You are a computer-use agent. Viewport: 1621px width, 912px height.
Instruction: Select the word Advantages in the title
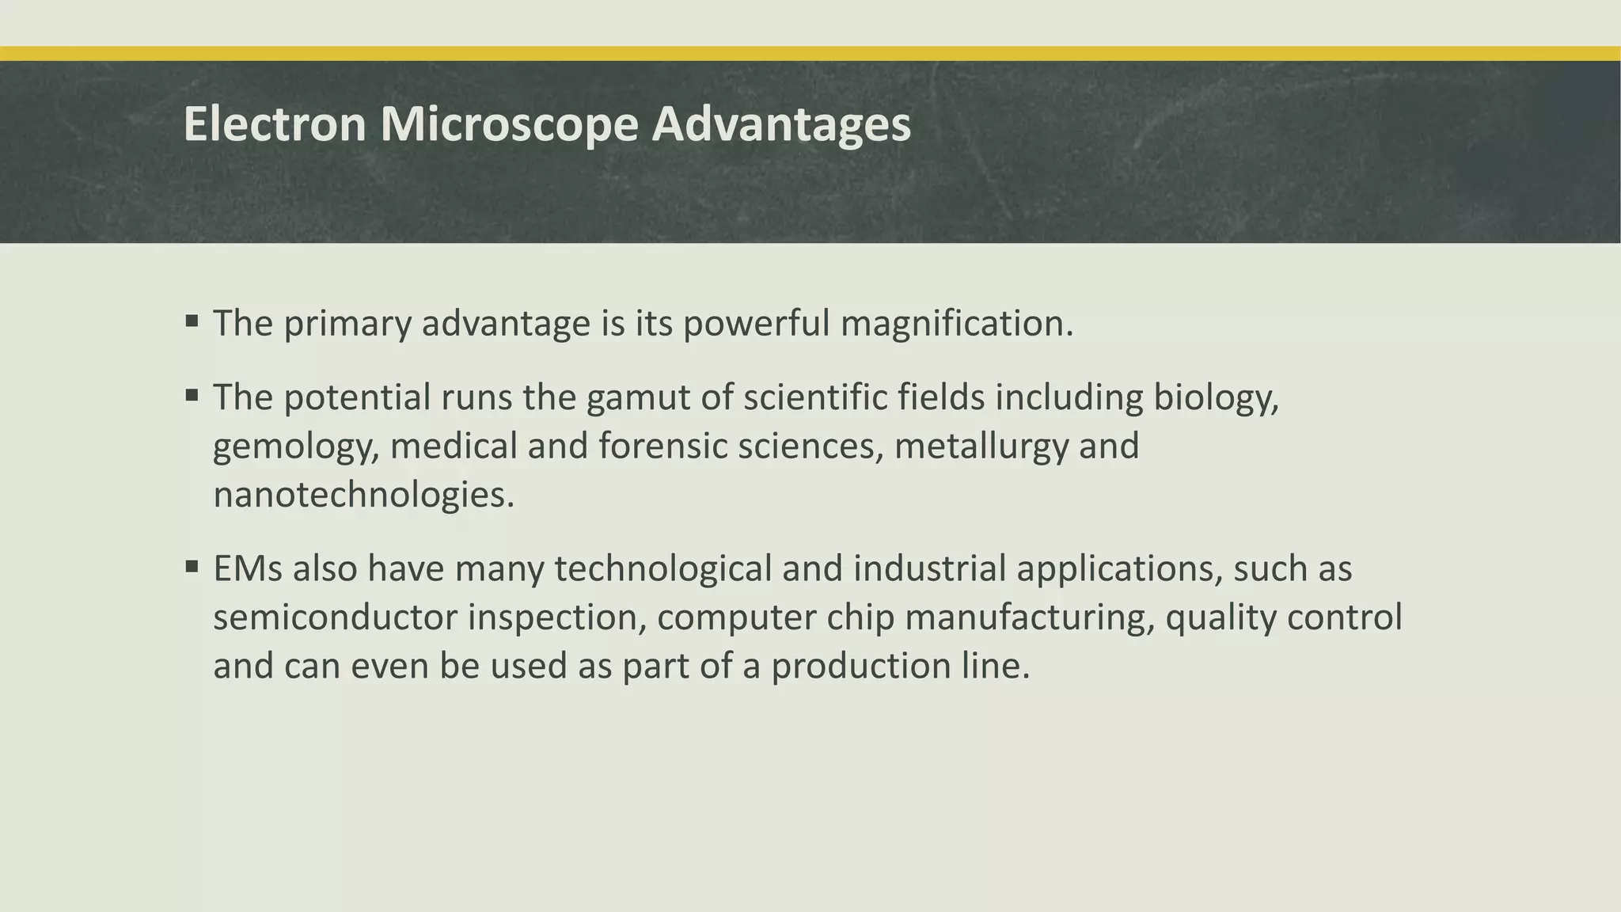click(x=781, y=124)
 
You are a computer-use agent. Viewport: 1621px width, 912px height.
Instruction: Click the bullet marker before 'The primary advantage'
click(x=192, y=321)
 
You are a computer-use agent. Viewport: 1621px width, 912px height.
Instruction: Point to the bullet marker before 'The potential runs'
click(x=192, y=395)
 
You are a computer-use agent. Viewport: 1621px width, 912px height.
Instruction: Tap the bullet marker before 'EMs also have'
click(x=192, y=567)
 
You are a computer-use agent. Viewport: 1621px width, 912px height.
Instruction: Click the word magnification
click(x=956, y=324)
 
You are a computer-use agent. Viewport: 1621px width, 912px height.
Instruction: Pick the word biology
click(x=1216, y=397)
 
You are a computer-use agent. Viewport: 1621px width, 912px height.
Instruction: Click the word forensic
click(x=662, y=446)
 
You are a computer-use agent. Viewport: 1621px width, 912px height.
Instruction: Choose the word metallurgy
click(x=981, y=446)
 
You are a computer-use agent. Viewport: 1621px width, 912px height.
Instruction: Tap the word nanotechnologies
click(x=363, y=496)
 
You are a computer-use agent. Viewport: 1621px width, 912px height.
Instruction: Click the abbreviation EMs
click(x=248, y=569)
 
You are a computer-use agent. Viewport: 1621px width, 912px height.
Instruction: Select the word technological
click(x=662, y=569)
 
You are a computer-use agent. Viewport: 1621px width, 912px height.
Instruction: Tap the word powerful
click(x=756, y=324)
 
